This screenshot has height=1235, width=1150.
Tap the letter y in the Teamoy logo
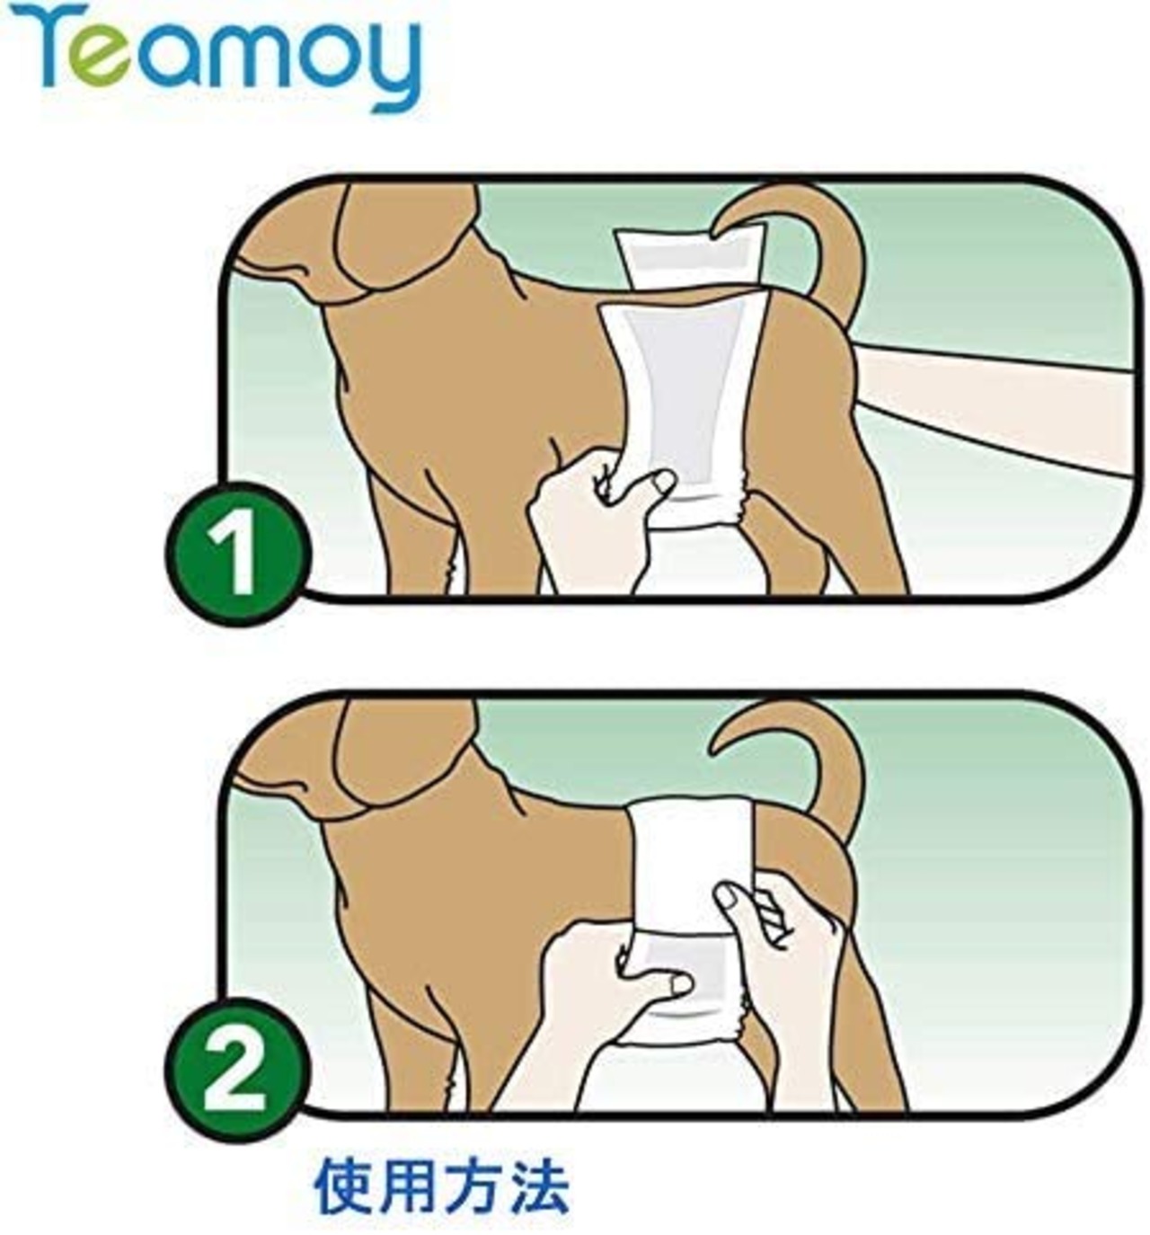pos(386,68)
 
